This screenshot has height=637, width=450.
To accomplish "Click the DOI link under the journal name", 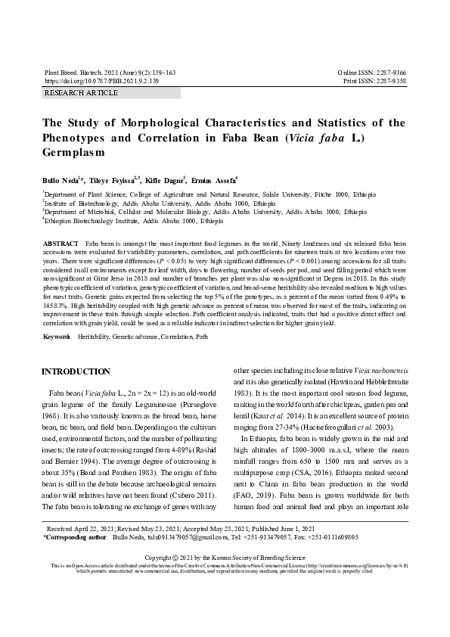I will pos(101,79).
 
